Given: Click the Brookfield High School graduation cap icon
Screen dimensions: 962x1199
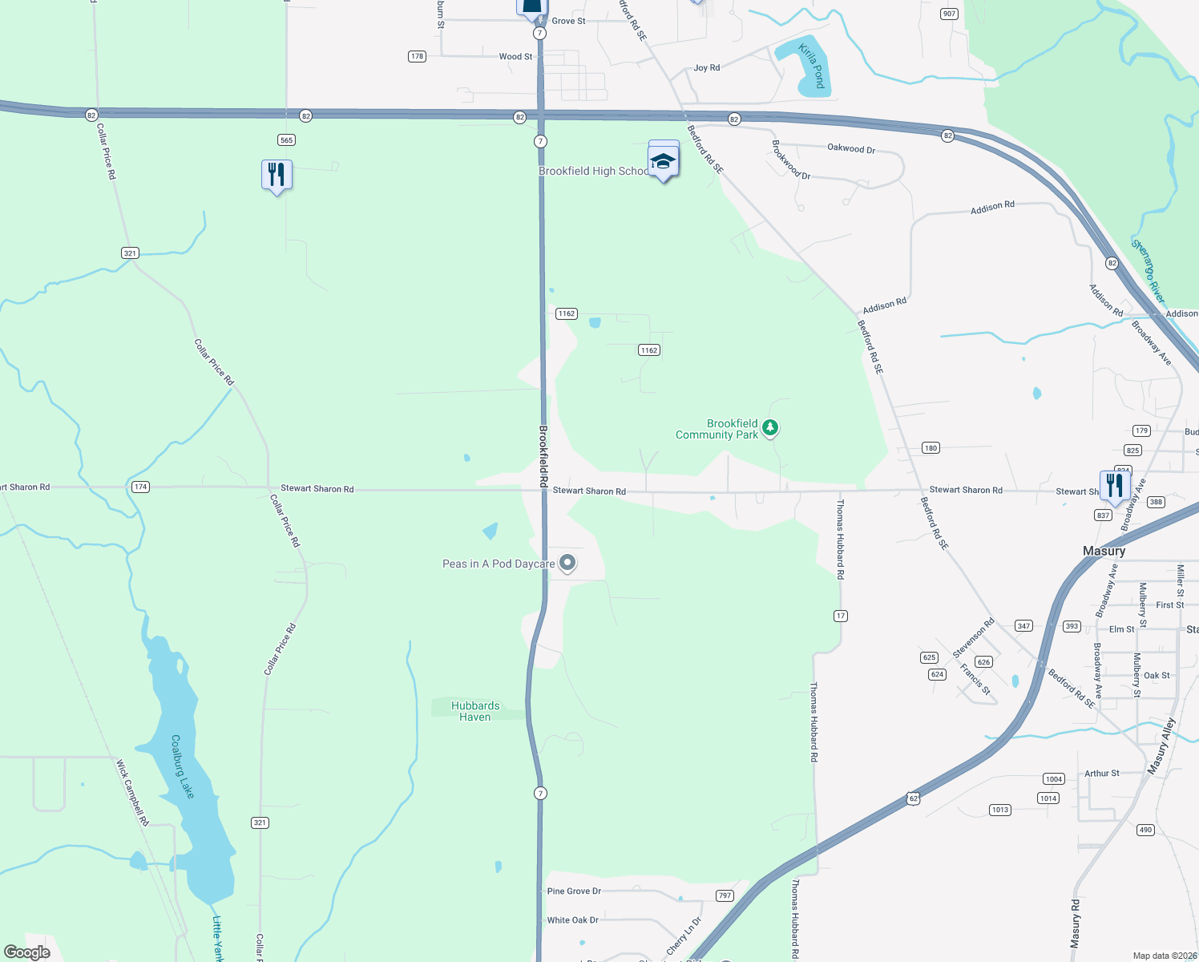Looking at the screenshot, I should (x=663, y=162).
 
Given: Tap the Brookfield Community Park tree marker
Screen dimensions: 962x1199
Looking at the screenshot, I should (x=769, y=427).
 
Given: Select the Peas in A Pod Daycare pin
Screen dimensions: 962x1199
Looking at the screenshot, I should (x=567, y=563).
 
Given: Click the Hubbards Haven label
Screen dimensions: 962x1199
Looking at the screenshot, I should (x=475, y=711).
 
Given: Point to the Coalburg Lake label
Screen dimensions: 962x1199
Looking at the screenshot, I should (x=182, y=766).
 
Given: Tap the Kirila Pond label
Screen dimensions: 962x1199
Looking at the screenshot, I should (x=811, y=67).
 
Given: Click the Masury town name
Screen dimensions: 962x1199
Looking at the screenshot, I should (x=1104, y=551).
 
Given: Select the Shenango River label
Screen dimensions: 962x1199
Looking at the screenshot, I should (x=1148, y=271).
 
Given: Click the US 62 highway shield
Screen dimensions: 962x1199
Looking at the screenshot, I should (x=913, y=798).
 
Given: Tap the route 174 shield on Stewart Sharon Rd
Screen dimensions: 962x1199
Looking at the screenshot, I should (x=140, y=487).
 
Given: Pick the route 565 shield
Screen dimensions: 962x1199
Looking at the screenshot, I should (x=286, y=140).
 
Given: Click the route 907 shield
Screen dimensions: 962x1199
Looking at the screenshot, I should (x=949, y=14).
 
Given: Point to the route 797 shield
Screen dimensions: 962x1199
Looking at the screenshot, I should (x=725, y=895).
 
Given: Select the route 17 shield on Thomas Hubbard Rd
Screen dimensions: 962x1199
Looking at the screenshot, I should (x=840, y=616).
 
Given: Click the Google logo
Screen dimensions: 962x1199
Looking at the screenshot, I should (x=26, y=952).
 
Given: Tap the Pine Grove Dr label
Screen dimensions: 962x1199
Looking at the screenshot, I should (x=574, y=891).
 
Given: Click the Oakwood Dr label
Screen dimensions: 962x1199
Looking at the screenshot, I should (x=851, y=148).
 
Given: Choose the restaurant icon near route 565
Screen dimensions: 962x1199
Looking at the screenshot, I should (x=277, y=174).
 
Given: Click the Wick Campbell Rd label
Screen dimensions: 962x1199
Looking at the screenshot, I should (x=132, y=793).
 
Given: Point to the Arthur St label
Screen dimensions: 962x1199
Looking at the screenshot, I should (x=1101, y=773).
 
